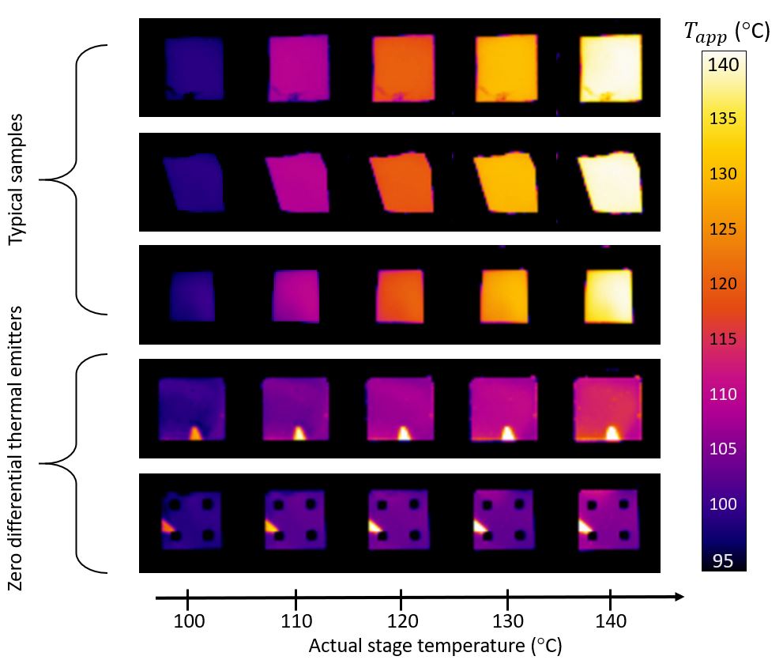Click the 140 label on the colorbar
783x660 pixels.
[x=724, y=65]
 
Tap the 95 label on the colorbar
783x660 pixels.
[x=724, y=561]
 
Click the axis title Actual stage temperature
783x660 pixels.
[x=435, y=645]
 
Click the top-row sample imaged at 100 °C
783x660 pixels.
[x=194, y=69]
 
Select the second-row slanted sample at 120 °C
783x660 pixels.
[x=401, y=183]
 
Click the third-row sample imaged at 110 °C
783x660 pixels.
[x=295, y=295]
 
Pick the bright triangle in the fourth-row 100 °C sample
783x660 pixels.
[x=194, y=432]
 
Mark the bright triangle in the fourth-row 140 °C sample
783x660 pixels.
[x=612, y=432]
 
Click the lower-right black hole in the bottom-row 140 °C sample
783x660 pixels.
[x=625, y=535]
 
